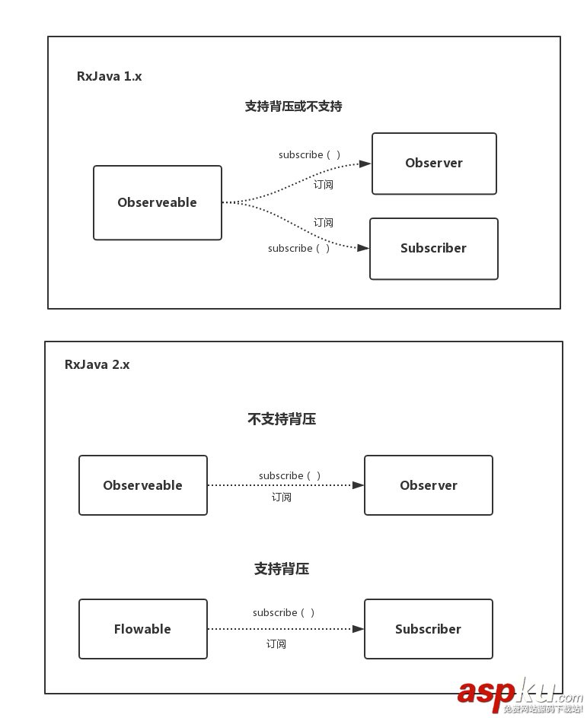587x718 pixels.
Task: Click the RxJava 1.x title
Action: pos(109,76)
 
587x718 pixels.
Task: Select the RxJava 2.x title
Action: pos(97,364)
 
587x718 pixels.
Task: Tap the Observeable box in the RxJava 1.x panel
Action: pos(158,203)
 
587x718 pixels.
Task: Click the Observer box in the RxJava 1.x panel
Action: pos(434,164)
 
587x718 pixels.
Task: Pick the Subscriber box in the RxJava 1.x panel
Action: pos(434,249)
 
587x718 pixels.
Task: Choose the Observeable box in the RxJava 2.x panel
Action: pos(143,485)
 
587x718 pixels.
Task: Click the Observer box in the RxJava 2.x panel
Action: pos(429,485)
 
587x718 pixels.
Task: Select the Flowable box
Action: pos(143,629)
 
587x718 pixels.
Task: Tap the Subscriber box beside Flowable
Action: pos(429,629)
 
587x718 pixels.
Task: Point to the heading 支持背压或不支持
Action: pos(293,106)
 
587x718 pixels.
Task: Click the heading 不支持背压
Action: pos(282,419)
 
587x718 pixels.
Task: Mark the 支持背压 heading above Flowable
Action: pos(282,569)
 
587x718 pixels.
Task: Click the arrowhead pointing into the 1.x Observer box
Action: pos(365,164)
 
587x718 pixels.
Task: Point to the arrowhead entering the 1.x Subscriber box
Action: pos(363,248)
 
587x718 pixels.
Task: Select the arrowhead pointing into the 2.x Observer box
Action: pos(358,484)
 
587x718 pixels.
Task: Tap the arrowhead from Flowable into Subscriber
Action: pos(358,629)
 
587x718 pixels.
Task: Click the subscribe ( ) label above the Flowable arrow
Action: pos(283,612)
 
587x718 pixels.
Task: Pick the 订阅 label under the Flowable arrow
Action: pos(276,644)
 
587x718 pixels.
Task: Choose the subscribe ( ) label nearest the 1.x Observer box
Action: pos(309,154)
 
